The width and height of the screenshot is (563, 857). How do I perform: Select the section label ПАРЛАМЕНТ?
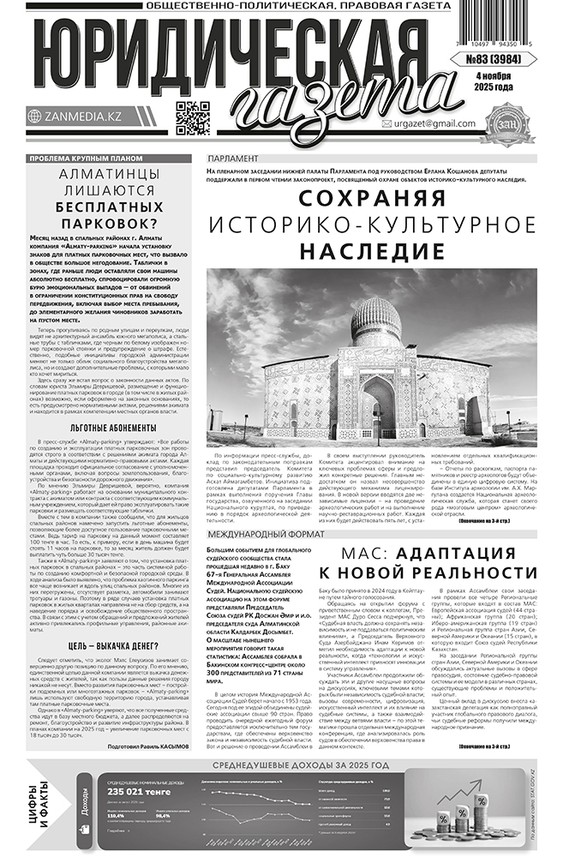pyautogui.click(x=237, y=160)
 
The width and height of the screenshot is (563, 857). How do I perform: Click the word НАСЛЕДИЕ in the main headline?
pyautogui.click(x=372, y=251)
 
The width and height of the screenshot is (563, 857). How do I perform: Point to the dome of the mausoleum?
pyautogui.click(x=377, y=319)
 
